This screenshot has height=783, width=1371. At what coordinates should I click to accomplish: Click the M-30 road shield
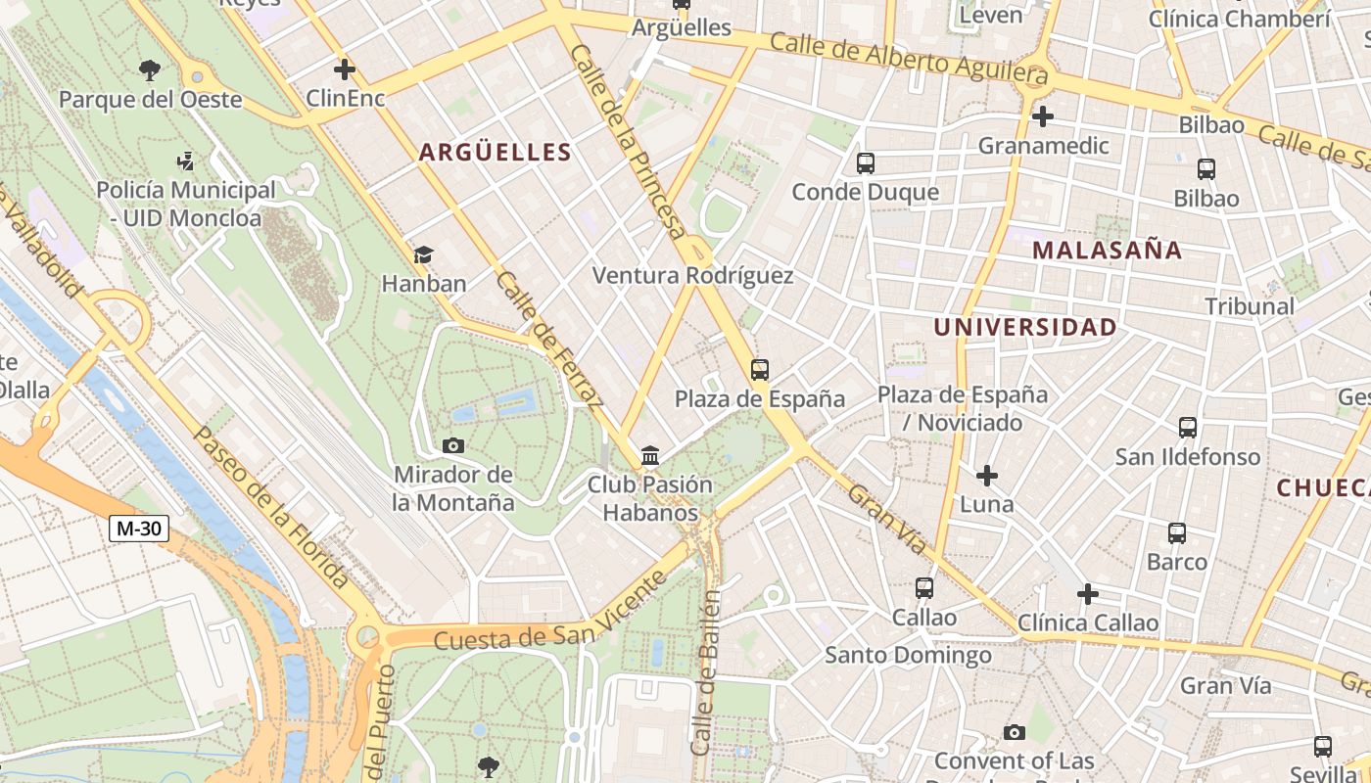(138, 530)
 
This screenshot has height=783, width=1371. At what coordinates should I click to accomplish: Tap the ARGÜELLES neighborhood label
(495, 152)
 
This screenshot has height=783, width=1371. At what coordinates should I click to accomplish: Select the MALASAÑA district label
(1107, 250)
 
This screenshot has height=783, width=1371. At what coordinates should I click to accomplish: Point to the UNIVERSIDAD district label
(1024, 327)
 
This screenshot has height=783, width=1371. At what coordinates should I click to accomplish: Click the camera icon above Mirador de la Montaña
(452, 446)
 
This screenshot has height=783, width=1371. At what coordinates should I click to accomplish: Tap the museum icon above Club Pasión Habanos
(649, 456)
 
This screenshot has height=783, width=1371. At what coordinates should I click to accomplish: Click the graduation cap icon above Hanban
(423, 255)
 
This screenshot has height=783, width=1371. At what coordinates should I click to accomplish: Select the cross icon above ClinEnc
(345, 69)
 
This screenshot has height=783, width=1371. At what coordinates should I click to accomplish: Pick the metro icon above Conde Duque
(865, 163)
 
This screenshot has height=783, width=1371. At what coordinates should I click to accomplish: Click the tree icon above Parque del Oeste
(150, 69)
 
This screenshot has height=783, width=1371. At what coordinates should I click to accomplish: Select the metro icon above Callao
(923, 588)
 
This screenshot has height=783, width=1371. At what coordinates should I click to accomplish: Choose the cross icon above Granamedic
(1043, 116)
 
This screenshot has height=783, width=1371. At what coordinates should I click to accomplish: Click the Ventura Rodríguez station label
(692, 276)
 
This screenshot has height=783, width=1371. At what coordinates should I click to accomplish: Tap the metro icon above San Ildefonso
(1187, 428)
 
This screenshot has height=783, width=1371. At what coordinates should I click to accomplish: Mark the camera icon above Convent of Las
(1015, 732)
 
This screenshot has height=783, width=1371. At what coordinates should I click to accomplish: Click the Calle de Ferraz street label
(548, 339)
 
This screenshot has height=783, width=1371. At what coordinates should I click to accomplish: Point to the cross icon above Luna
(987, 477)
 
